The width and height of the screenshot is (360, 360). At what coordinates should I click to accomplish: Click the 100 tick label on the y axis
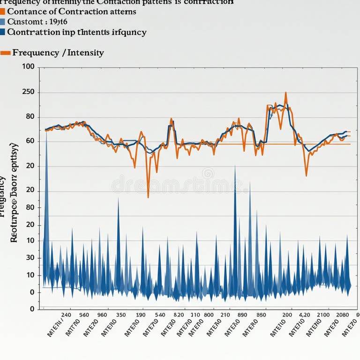(28, 67)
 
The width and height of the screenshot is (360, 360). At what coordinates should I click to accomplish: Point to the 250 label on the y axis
(28, 92)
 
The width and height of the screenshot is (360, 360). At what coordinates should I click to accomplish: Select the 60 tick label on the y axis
(30, 141)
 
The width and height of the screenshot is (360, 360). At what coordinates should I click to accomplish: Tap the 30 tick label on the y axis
(30, 257)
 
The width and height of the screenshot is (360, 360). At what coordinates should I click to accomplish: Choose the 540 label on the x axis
(160, 315)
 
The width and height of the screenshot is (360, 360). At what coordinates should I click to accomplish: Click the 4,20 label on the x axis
(304, 315)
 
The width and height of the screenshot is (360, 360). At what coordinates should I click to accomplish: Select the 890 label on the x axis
(242, 315)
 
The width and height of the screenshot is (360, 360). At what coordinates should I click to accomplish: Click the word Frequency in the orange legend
(35, 52)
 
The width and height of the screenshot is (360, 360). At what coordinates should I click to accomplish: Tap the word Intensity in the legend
(85, 52)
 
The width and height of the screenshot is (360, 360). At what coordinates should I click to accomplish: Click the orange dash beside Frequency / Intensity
(6, 53)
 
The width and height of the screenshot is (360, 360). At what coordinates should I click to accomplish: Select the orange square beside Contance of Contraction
(2, 11)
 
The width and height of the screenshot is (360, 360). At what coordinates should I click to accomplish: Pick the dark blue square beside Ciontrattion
(2, 32)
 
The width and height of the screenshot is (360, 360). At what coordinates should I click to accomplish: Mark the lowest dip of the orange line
(148, 197)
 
